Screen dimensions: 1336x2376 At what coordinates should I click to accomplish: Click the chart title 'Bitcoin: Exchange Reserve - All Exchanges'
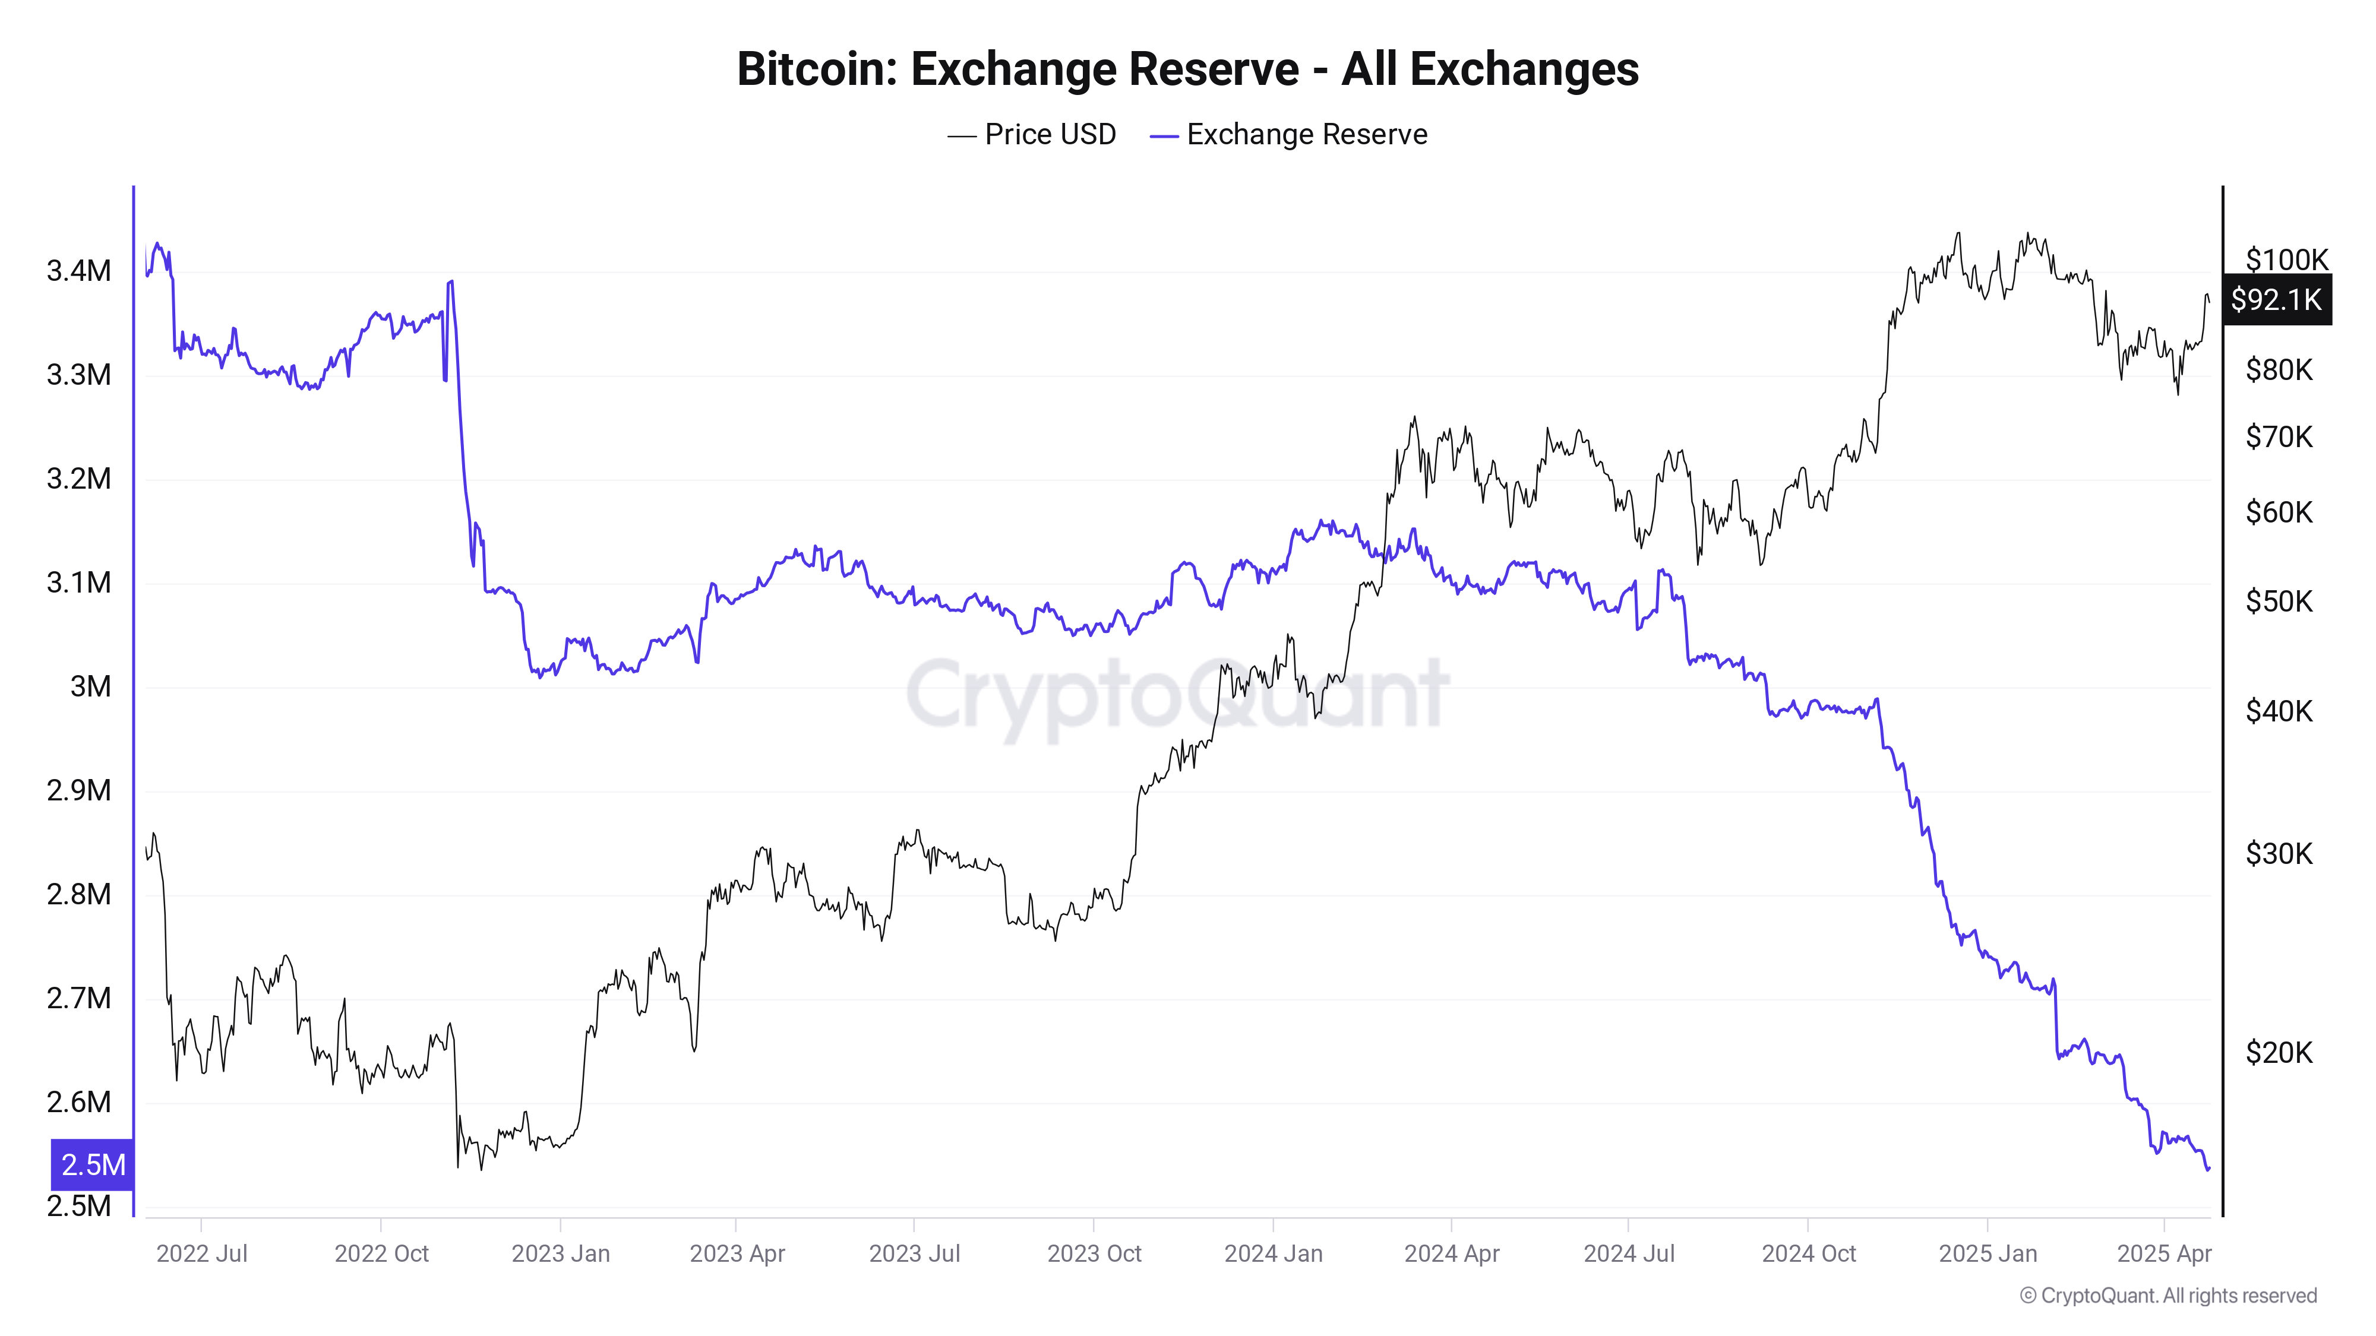point(1187,69)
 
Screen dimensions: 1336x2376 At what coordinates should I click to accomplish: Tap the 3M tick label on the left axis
point(90,687)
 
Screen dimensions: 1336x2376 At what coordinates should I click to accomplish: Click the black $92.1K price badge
point(2276,300)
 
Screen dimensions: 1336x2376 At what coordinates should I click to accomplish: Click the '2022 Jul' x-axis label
point(202,1254)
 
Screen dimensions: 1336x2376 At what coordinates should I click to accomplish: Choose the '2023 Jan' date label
point(561,1254)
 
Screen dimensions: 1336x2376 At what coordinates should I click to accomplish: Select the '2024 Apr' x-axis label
point(1452,1254)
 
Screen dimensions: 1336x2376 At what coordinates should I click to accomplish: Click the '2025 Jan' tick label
point(1988,1254)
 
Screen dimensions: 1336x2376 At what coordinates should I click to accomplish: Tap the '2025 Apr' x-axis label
point(2164,1254)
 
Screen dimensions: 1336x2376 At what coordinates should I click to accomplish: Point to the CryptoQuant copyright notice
point(2168,1296)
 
